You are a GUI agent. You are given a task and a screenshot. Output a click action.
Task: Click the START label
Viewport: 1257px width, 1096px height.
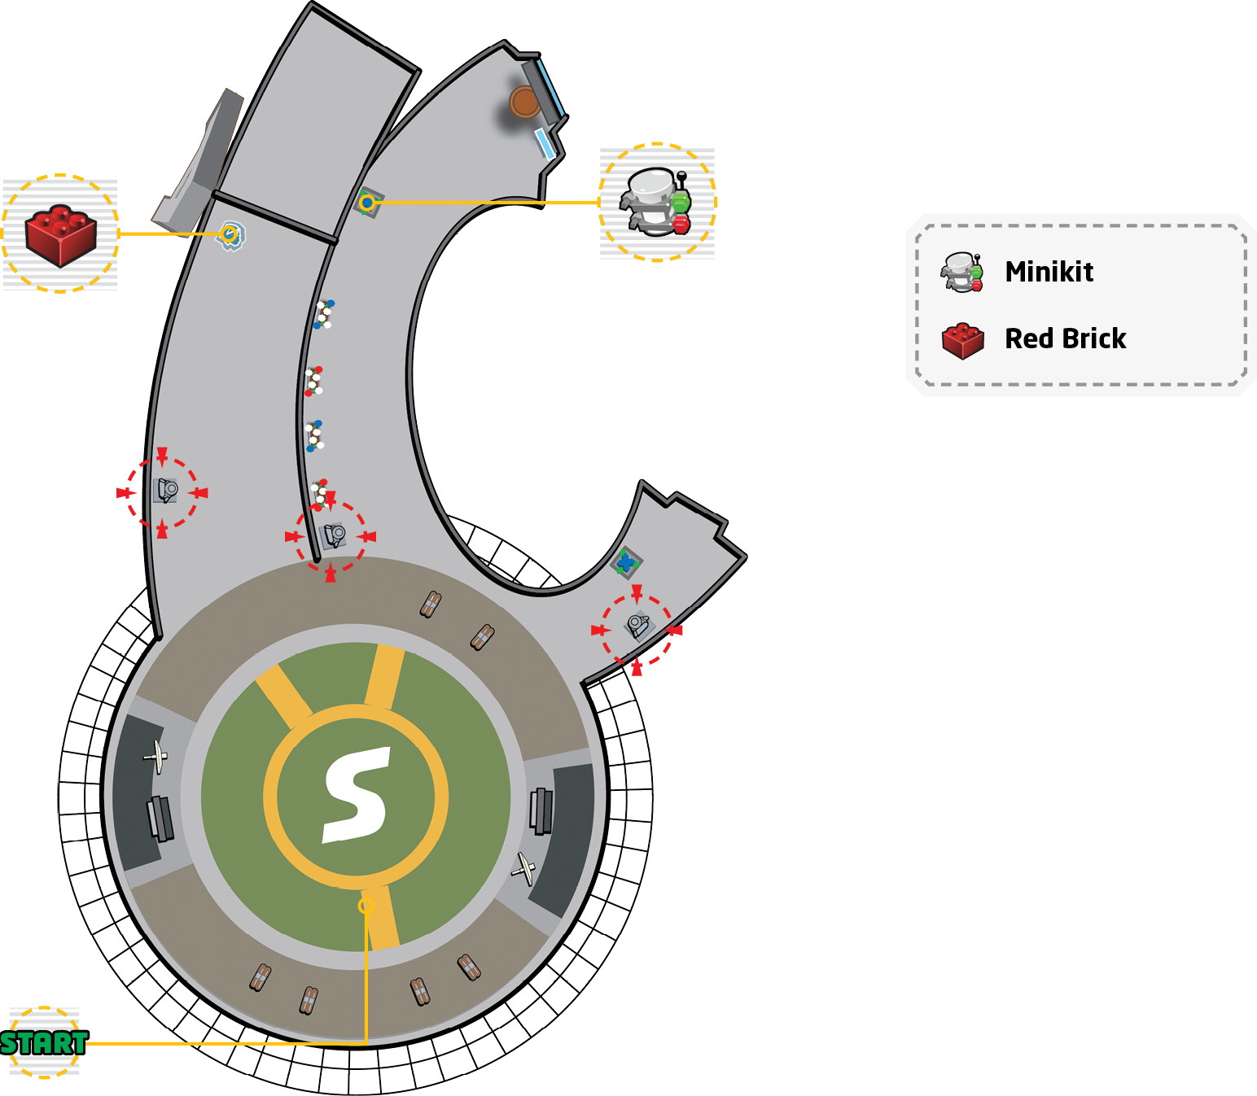click(x=44, y=1042)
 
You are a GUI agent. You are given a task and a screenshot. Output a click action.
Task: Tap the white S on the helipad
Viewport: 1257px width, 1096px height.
click(x=357, y=795)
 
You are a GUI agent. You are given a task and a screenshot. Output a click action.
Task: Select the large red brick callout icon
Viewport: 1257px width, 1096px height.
click(x=60, y=235)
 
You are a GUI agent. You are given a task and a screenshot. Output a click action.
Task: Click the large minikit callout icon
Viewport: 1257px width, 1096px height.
click(x=655, y=202)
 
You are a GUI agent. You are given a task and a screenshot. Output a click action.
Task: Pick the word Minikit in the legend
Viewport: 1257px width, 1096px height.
click(x=1049, y=272)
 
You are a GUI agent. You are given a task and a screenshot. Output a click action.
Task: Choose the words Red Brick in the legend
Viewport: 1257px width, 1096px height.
click(x=1066, y=338)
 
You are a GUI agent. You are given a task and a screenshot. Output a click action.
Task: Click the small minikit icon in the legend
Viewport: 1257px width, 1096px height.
click(x=961, y=272)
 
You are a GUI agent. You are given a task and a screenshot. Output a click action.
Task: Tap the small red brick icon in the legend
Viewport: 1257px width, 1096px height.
click(x=963, y=341)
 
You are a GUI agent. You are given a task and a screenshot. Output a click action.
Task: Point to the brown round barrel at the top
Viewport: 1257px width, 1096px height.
click(x=524, y=102)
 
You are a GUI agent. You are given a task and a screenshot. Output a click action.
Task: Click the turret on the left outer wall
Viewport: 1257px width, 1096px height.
click(x=166, y=491)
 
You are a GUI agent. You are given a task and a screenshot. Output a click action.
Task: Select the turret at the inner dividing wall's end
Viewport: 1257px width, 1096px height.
click(x=335, y=535)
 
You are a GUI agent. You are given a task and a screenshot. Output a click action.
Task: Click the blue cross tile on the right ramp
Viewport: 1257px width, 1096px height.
click(x=626, y=561)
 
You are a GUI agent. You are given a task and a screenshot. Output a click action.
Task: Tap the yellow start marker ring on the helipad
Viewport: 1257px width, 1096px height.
click(x=366, y=906)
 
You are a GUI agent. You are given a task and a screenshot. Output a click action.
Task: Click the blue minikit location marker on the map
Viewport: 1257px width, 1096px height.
click(x=367, y=202)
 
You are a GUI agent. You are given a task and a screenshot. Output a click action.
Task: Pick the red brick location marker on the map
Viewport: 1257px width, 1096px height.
click(x=230, y=234)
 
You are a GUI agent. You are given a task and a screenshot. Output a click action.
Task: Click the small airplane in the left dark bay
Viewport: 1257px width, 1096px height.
click(x=157, y=757)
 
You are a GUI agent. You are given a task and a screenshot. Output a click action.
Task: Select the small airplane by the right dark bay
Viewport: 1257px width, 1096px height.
click(x=524, y=869)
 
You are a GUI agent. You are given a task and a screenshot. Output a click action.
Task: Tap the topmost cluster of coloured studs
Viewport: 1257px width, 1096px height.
click(x=323, y=314)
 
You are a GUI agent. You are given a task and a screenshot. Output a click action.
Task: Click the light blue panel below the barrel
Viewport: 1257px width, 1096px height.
click(x=545, y=144)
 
